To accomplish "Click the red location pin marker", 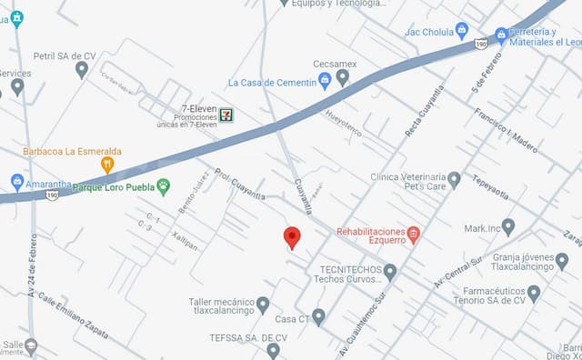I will click(292, 236).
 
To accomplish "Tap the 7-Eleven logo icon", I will click(225, 115).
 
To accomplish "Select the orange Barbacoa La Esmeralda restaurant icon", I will click(107, 165).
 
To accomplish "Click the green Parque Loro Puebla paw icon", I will click(164, 187).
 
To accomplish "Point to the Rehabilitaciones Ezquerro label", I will click(371, 236).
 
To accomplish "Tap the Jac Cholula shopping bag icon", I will click(462, 30).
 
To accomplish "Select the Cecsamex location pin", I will click(342, 78).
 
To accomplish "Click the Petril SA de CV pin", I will click(82, 70).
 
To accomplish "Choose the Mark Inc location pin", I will click(508, 227).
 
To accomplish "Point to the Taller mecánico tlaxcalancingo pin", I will click(263, 305).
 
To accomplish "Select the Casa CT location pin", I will click(318, 317).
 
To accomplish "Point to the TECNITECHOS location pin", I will click(390, 271).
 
